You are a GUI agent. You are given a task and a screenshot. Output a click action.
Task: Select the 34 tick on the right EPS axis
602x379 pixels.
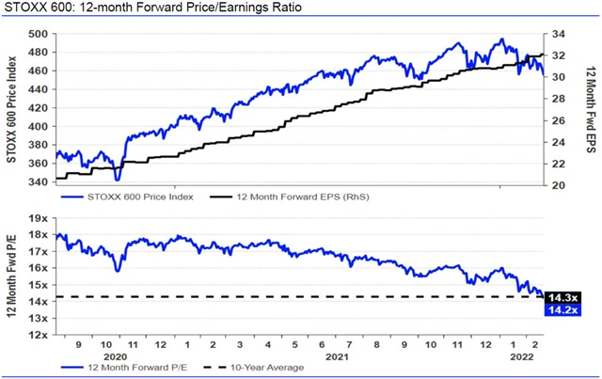click(559, 34)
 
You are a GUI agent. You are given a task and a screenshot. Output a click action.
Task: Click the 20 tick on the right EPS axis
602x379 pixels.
click(559, 185)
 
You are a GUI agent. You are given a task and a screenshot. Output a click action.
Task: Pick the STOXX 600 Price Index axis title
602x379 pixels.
click(13, 108)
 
